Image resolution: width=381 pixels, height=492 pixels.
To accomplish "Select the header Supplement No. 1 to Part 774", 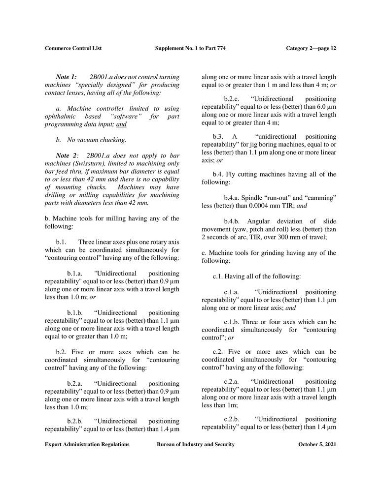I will pyautogui.click(x=190, y=48).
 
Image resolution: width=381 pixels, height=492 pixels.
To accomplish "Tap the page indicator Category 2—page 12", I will pyautogui.click(x=311, y=48).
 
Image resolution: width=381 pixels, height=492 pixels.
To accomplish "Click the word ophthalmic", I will pyautogui.click(x=63, y=116).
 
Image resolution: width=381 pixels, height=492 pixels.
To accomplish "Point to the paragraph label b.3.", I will pyautogui.click(x=218, y=136).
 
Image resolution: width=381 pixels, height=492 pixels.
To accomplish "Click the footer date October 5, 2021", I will pyautogui.click(x=317, y=444).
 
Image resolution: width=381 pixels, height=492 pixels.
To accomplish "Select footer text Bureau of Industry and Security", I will pyautogui.click(x=195, y=444).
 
